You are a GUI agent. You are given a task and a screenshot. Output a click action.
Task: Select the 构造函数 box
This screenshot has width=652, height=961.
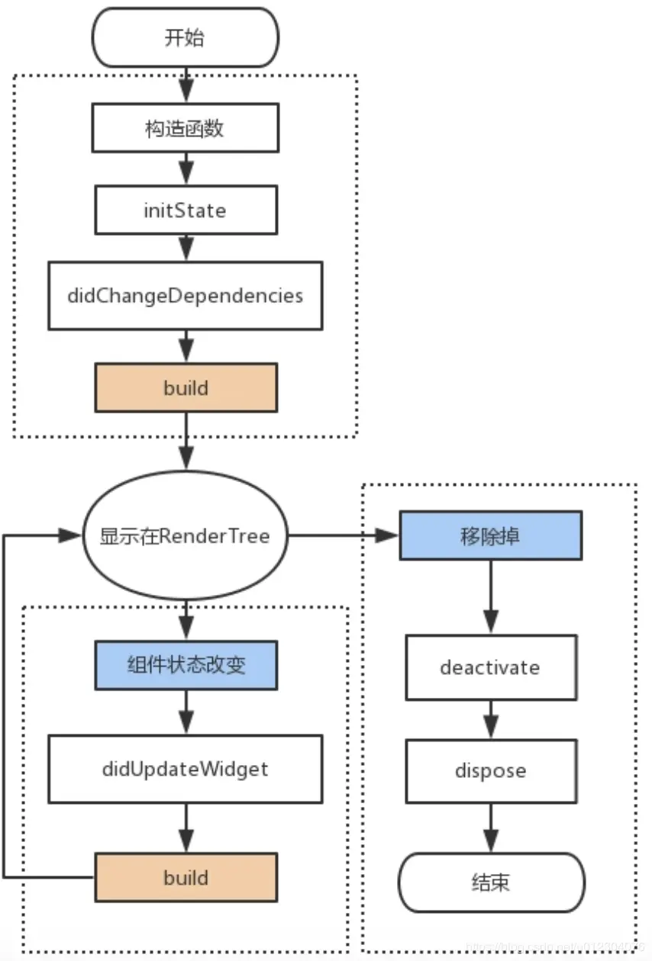click(x=185, y=128)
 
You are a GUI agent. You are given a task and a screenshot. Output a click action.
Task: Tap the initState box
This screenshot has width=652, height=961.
click(x=185, y=211)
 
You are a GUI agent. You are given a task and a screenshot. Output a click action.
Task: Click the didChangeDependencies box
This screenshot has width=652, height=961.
click(x=185, y=296)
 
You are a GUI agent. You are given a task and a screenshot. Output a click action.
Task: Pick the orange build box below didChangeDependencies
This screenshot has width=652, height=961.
click(x=185, y=388)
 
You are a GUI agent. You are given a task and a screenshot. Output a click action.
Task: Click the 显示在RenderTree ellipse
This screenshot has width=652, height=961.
click(x=185, y=535)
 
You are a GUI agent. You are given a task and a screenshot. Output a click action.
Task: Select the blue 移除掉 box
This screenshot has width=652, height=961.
click(x=490, y=535)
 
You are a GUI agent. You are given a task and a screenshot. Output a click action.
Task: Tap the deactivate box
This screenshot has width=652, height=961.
click(x=490, y=668)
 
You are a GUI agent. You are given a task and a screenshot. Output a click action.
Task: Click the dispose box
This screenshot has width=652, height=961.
click(x=490, y=770)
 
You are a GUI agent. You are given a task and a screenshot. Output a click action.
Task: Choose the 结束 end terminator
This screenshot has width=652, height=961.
click(x=490, y=882)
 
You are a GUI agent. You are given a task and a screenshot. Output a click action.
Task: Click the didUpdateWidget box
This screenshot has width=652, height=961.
click(x=185, y=769)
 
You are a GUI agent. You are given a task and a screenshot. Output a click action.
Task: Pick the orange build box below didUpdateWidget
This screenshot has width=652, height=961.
click(x=185, y=877)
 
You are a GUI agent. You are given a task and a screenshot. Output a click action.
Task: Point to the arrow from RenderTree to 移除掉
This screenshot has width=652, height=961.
click(x=344, y=535)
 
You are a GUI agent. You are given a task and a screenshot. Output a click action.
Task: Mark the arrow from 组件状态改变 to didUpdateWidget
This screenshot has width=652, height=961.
click(x=185, y=712)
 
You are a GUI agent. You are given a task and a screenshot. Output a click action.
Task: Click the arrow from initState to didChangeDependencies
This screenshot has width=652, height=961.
click(x=185, y=248)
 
